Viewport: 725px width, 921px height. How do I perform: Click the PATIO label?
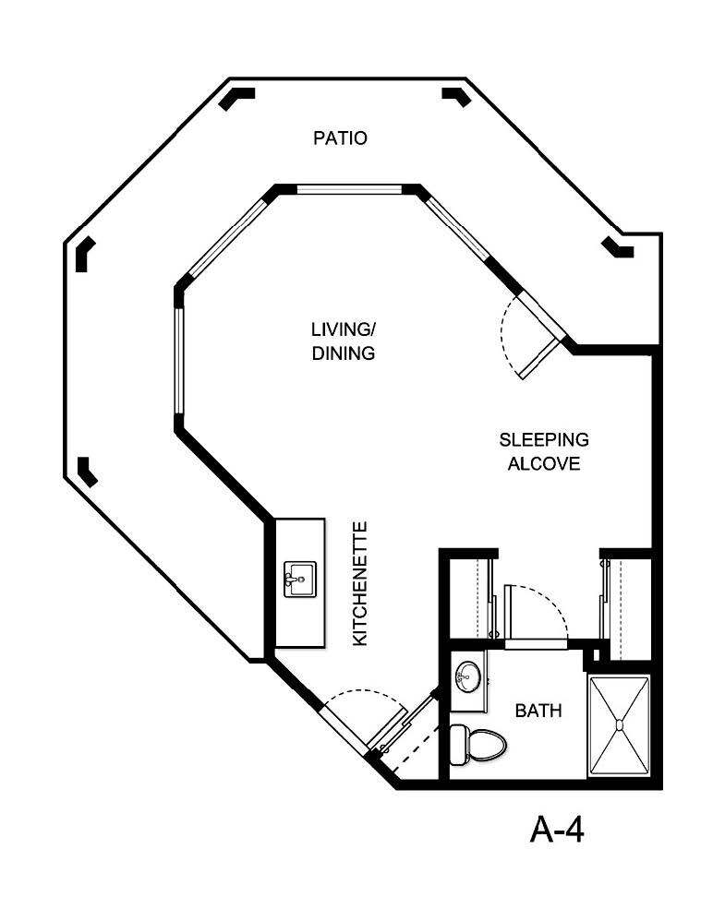click(340, 138)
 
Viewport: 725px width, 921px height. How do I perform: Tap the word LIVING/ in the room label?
click(343, 329)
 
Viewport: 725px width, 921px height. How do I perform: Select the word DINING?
click(343, 353)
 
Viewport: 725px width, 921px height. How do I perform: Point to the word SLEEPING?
click(544, 439)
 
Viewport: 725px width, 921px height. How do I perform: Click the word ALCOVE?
click(544, 463)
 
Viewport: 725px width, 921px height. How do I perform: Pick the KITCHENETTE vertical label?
click(361, 583)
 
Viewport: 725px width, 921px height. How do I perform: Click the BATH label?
click(538, 712)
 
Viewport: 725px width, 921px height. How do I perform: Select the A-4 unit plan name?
click(558, 830)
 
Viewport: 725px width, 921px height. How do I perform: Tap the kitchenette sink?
click(297, 579)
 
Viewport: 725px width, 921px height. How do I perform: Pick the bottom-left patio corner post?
click(88, 471)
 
